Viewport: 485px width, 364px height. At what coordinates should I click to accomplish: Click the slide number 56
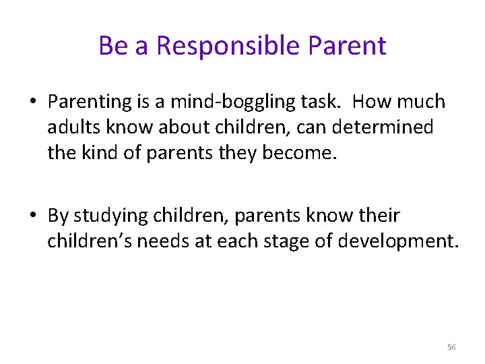pyautogui.click(x=451, y=347)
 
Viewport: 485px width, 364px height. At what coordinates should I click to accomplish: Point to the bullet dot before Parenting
pyautogui.click(x=32, y=102)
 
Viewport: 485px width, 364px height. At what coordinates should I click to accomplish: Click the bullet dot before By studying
pyautogui.click(x=32, y=216)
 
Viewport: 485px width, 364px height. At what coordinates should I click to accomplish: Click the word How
pyautogui.click(x=373, y=102)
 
